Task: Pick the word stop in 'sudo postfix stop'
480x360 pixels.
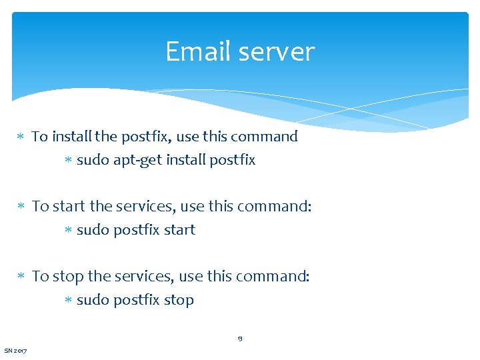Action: pos(179,301)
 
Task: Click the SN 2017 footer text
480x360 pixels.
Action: pos(16,351)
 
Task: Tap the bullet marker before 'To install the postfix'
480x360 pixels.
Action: pos(21,137)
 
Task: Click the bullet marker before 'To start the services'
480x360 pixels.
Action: pos(21,207)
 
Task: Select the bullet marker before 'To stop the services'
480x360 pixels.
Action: pos(21,277)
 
